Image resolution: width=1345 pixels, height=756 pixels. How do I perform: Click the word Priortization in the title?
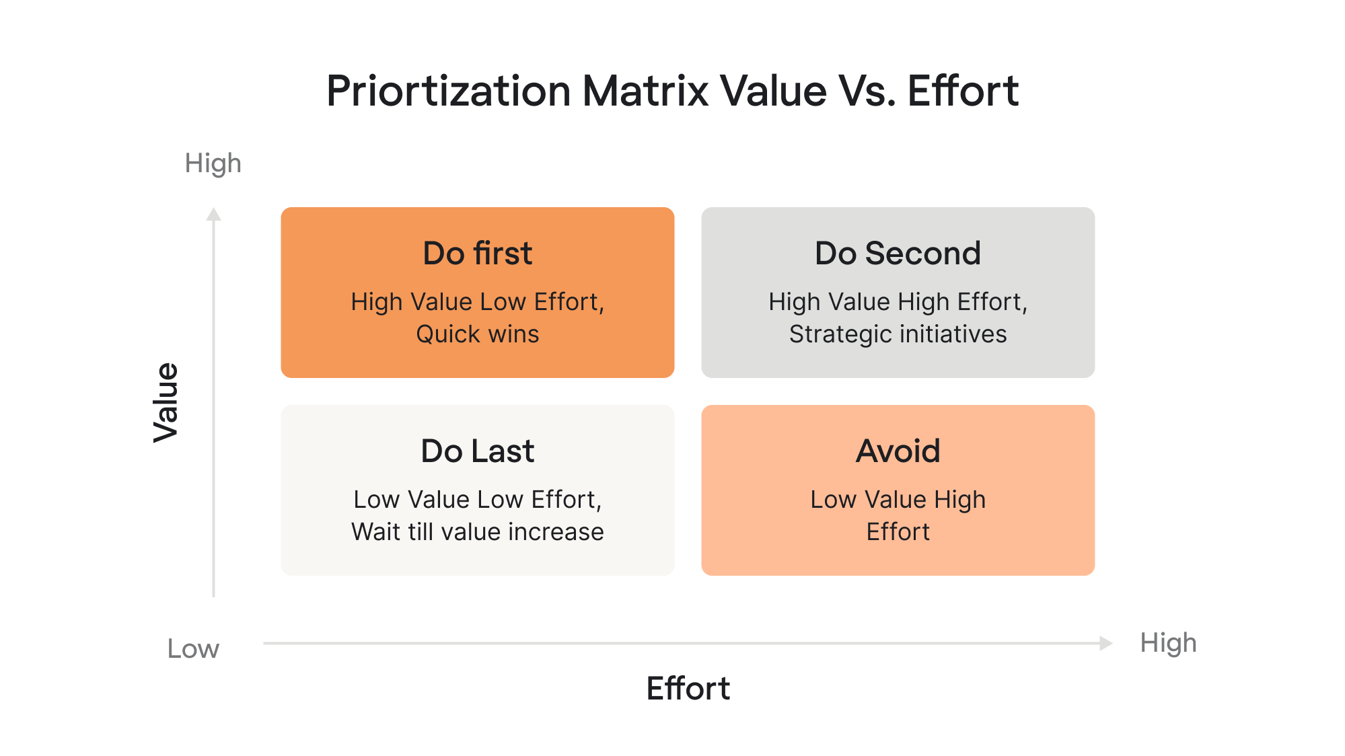[x=449, y=91]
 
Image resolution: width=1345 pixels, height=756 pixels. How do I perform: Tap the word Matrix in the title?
[x=645, y=91]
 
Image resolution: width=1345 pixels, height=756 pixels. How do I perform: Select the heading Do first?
[x=478, y=254]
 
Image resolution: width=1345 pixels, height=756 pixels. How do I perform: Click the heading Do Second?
[x=898, y=254]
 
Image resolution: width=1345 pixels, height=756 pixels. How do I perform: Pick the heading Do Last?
[x=478, y=451]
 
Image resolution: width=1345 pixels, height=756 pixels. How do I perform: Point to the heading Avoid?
[x=898, y=451]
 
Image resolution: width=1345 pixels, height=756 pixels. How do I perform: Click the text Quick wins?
[x=478, y=334]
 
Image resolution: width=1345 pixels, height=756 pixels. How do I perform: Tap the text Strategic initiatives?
[x=898, y=334]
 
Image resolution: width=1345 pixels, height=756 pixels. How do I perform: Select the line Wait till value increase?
[x=478, y=532]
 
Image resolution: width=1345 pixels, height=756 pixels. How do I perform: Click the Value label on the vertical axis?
[x=166, y=402]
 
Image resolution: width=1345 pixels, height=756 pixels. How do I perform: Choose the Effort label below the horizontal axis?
[x=688, y=689]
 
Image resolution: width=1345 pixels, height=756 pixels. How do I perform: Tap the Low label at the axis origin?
[x=193, y=649]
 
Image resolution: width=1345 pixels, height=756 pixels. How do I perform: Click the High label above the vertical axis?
[x=213, y=163]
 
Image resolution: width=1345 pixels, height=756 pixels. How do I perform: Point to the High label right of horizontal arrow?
[x=1168, y=643]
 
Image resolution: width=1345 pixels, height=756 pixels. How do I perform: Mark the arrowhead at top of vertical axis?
[x=214, y=215]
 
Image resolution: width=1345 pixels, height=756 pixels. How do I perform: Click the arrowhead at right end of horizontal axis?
[x=1105, y=643]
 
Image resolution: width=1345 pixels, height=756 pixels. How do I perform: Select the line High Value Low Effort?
[x=478, y=302]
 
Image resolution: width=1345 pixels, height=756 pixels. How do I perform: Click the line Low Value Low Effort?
[x=478, y=500]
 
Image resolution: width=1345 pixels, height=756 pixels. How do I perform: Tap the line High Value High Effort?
[x=898, y=302]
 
